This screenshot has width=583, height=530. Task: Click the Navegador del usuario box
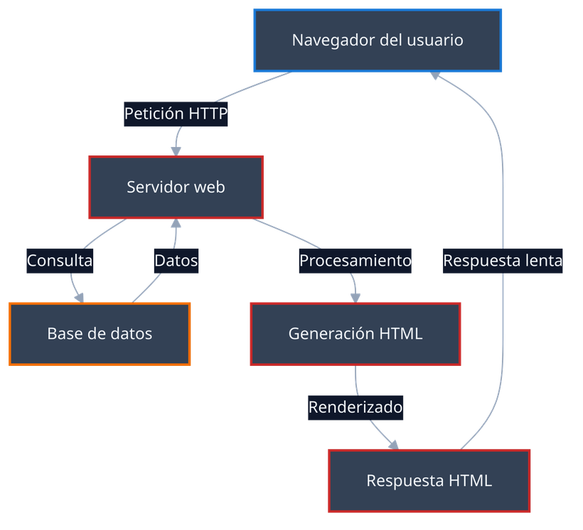click(x=378, y=40)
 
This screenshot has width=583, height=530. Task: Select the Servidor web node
click(x=176, y=187)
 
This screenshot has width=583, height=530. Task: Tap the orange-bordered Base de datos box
click(x=100, y=334)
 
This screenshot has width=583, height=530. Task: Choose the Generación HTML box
click(x=355, y=333)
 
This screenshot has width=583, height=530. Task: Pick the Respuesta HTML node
click(x=429, y=480)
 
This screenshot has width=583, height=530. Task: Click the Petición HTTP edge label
click(x=176, y=113)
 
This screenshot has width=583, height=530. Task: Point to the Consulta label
click(x=60, y=261)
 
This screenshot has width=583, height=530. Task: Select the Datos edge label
click(x=176, y=261)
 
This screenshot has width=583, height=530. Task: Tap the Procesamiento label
click(x=355, y=261)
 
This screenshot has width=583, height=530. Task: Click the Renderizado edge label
click(x=355, y=407)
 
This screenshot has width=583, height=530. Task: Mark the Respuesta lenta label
click(x=503, y=261)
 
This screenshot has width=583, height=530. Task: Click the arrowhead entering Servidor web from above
click(x=176, y=150)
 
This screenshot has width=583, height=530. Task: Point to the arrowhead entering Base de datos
click(x=80, y=297)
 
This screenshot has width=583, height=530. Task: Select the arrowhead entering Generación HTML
click(x=355, y=297)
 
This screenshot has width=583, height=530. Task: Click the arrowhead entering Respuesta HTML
click(x=393, y=444)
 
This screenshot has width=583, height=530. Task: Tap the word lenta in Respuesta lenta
click(x=542, y=261)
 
